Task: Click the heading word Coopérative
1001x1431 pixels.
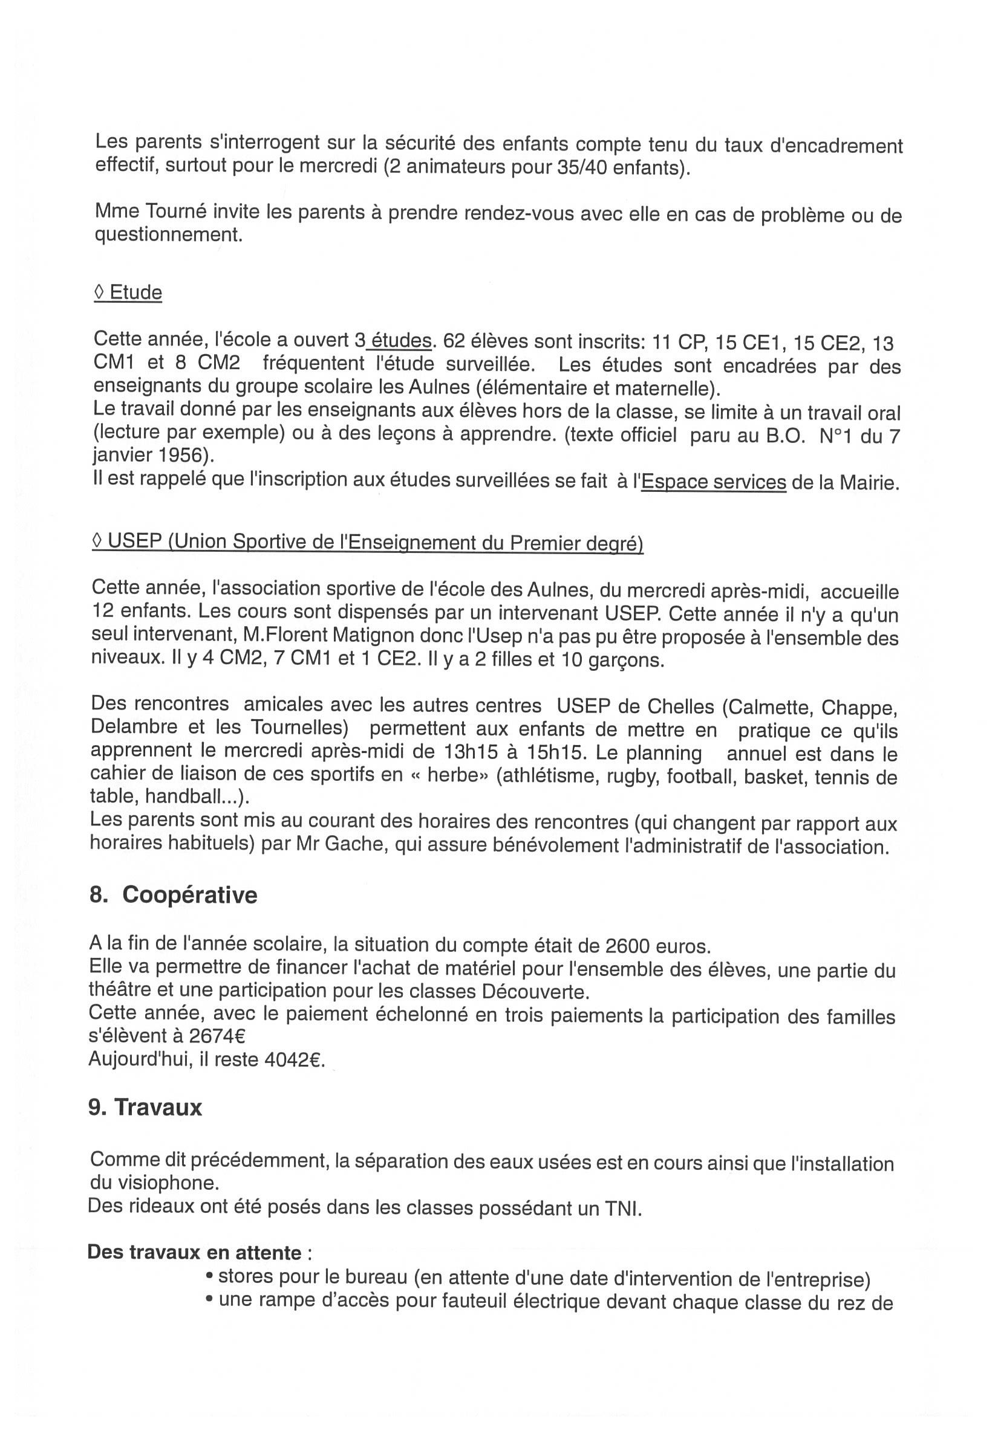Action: tap(189, 895)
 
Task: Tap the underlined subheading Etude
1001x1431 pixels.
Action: tap(136, 292)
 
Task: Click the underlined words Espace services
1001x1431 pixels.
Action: tap(714, 482)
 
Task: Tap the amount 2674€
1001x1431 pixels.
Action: tap(217, 1036)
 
